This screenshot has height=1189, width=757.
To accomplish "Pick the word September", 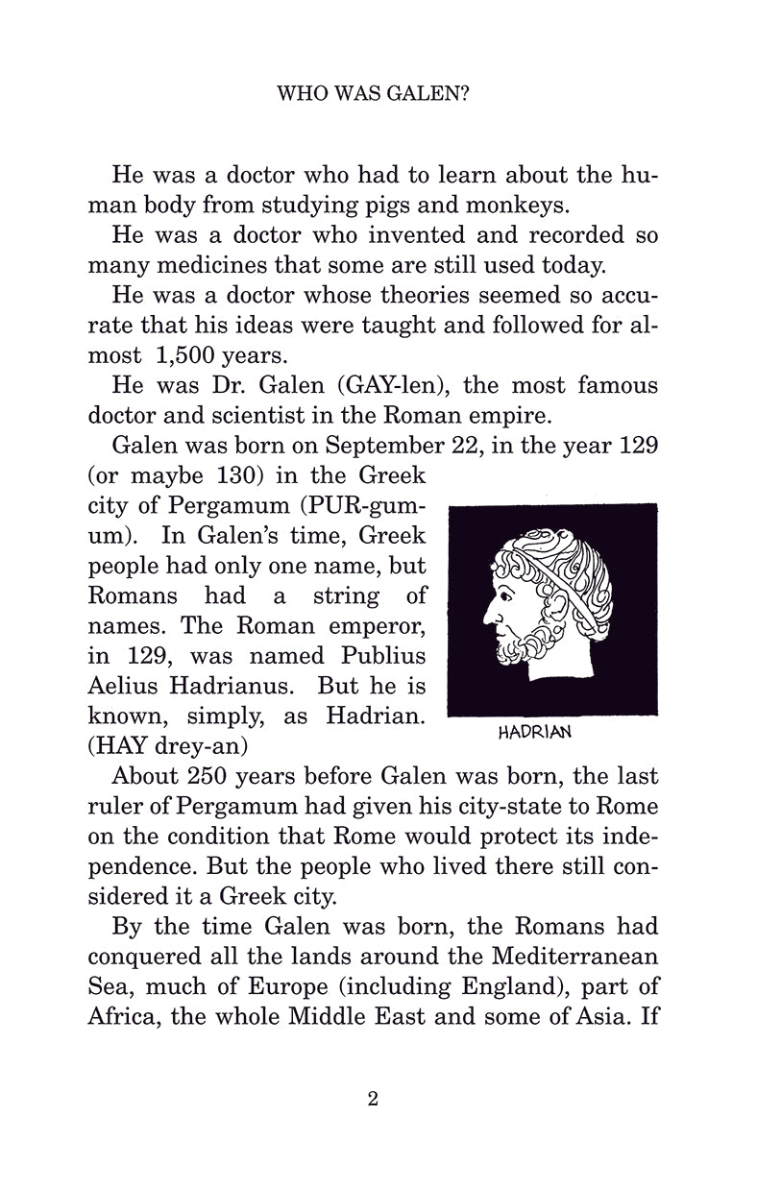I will (378, 445).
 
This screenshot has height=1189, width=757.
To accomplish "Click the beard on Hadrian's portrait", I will (520, 653).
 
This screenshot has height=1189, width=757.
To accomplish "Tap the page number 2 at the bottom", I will (373, 1099).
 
